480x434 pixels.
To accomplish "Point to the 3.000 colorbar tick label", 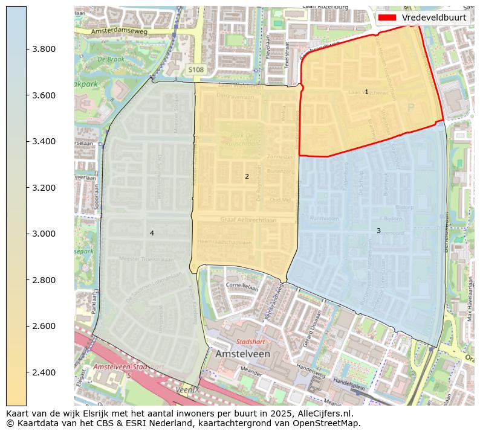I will coord(44,234).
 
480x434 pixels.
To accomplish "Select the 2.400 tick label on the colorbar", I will coord(44,372).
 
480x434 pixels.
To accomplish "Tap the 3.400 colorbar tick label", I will coord(44,141).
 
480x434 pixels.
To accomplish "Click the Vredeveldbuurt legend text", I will coord(434,18).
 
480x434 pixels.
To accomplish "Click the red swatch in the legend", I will coord(387,18).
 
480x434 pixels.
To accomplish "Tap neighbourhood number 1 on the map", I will coord(366,92).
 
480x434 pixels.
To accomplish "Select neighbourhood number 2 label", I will coord(247,176).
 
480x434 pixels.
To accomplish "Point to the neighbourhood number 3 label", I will coord(378,231).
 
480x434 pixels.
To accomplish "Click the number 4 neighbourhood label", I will coord(152,233).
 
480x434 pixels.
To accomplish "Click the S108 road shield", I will coord(196,70).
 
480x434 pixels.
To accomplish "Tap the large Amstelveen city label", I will coord(242,354).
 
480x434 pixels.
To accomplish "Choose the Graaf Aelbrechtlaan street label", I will coord(248,220).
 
